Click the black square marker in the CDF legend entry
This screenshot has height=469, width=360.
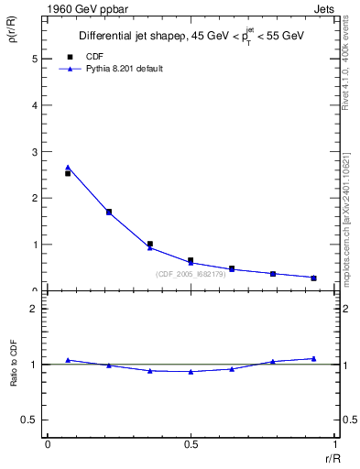tap(71, 57)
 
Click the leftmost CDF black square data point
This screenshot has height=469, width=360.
tap(68, 173)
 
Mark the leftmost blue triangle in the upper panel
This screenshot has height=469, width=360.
tap(68, 167)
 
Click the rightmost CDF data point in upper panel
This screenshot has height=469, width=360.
tap(313, 278)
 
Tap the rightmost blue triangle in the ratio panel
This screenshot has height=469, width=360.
tap(313, 358)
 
